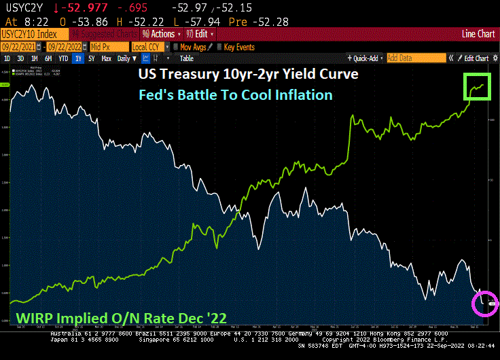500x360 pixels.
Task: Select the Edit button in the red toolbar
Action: [x=202, y=33]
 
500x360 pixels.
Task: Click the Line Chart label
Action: [x=478, y=33]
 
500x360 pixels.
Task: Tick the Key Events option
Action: [x=235, y=47]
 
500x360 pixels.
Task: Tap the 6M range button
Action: [x=48, y=58]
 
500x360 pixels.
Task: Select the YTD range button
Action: [x=64, y=58]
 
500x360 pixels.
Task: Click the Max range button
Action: [x=106, y=58]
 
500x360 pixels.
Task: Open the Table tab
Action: [x=186, y=58]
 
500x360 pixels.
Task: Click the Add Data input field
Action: [x=414, y=58]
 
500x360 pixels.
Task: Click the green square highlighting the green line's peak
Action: [x=478, y=86]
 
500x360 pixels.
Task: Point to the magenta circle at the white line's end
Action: [x=485, y=302]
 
